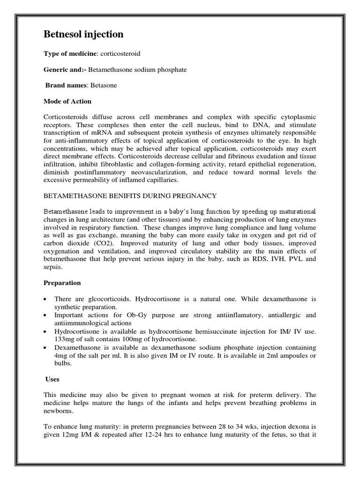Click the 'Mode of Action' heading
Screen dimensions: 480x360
pos(67,101)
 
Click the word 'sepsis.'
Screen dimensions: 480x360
pos(52,267)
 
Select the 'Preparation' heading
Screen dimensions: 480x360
pos(62,283)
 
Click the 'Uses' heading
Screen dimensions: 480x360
pos(53,379)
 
